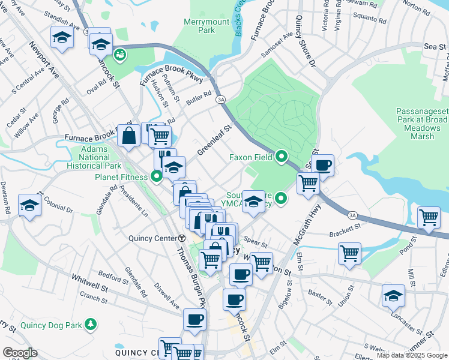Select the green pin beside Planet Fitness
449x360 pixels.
pyautogui.click(x=157, y=176)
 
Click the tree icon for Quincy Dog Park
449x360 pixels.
pyautogui.click(x=90, y=325)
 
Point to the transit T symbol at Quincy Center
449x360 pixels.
pyautogui.click(x=181, y=237)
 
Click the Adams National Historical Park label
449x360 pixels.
pyautogui.click(x=96, y=157)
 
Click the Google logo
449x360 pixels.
pyautogui.click(x=20, y=353)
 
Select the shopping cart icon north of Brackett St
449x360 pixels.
pyautogui.click(x=430, y=218)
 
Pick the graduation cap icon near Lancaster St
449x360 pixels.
pyautogui.click(x=393, y=294)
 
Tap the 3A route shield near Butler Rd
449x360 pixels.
pyautogui.click(x=221, y=98)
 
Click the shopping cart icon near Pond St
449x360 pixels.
pyautogui.click(x=349, y=253)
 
